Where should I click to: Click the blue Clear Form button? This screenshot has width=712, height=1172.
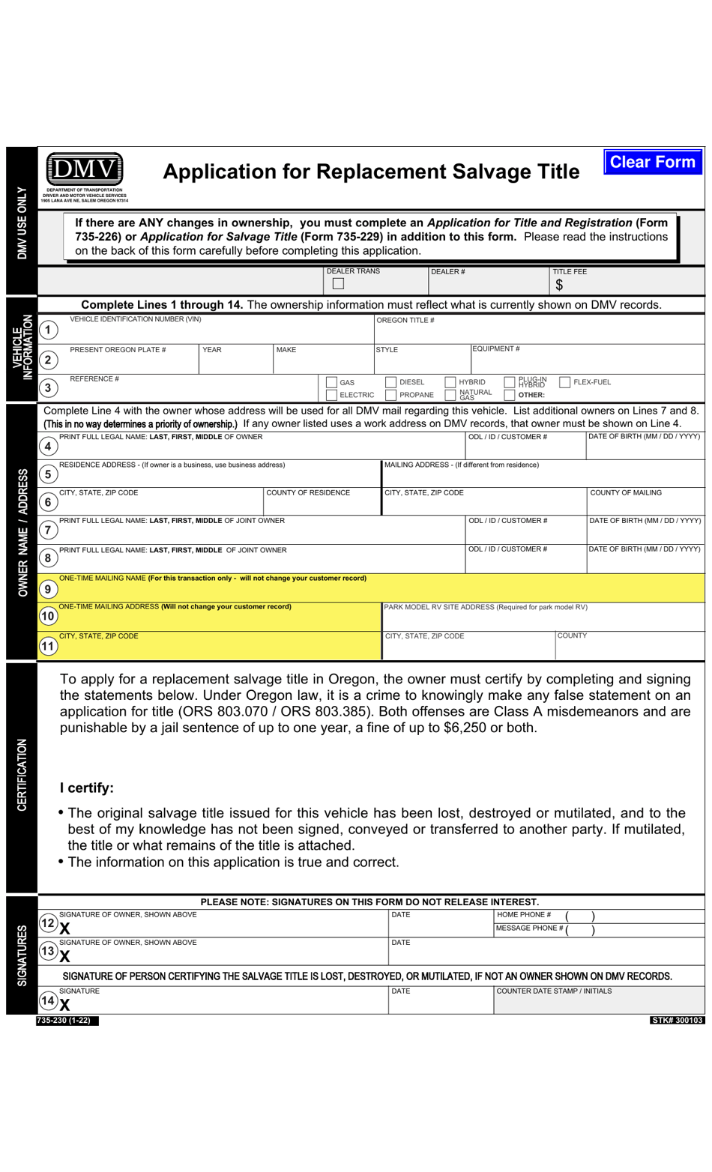click(652, 162)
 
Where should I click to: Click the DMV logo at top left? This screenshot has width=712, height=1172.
click(84, 170)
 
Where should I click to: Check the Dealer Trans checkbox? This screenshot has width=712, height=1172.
click(338, 284)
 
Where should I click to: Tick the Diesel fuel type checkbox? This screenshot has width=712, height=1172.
click(390, 382)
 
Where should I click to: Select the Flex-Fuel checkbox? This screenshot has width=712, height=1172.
click(565, 382)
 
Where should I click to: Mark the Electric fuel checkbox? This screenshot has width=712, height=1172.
click(331, 395)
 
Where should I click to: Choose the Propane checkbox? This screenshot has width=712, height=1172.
click(390, 395)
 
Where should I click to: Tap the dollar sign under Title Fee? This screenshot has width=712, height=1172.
click(559, 285)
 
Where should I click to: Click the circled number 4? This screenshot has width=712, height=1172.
click(48, 447)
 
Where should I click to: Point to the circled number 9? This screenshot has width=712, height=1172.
click(48, 589)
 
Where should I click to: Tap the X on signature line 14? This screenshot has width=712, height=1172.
click(64, 1005)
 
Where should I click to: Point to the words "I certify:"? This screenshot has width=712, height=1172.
click(87, 788)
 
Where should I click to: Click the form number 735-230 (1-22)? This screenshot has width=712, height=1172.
click(67, 1021)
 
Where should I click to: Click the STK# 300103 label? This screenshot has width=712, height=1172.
click(677, 1021)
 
